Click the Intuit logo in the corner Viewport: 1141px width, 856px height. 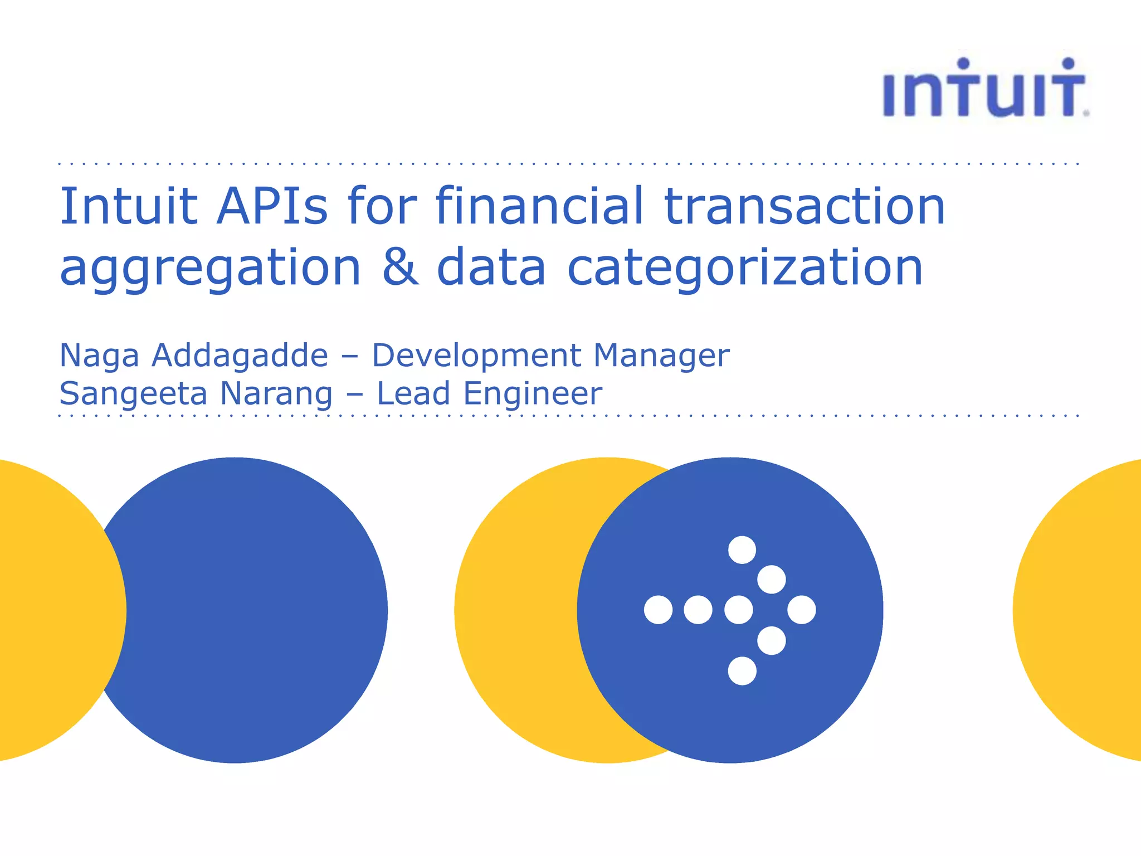pyautogui.click(x=985, y=89)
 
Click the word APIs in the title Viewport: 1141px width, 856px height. pyautogui.click(x=272, y=206)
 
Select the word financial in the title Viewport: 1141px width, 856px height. pyautogui.click(x=539, y=206)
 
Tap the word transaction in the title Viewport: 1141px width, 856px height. pyautogui.click(x=805, y=206)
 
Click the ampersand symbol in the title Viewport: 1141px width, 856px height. pyautogui.click(x=399, y=267)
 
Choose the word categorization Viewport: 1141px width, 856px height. pyautogui.click(x=745, y=267)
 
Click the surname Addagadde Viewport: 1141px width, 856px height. pyautogui.click(x=240, y=356)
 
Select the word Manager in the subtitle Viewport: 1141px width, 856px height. pyautogui.click(x=661, y=356)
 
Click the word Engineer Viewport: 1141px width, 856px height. pyautogui.click(x=533, y=393)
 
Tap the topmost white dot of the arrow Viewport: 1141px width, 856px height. pyautogui.click(x=742, y=550)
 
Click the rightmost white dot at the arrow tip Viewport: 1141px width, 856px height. pyautogui.click(x=802, y=610)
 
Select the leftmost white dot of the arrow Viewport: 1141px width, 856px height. pyautogui.click(x=658, y=610)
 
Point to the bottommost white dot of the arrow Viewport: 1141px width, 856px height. pyautogui.click(x=742, y=670)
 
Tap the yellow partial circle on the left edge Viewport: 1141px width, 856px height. pyautogui.click(x=50, y=610)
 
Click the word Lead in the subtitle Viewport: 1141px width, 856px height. pyautogui.click(x=413, y=393)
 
